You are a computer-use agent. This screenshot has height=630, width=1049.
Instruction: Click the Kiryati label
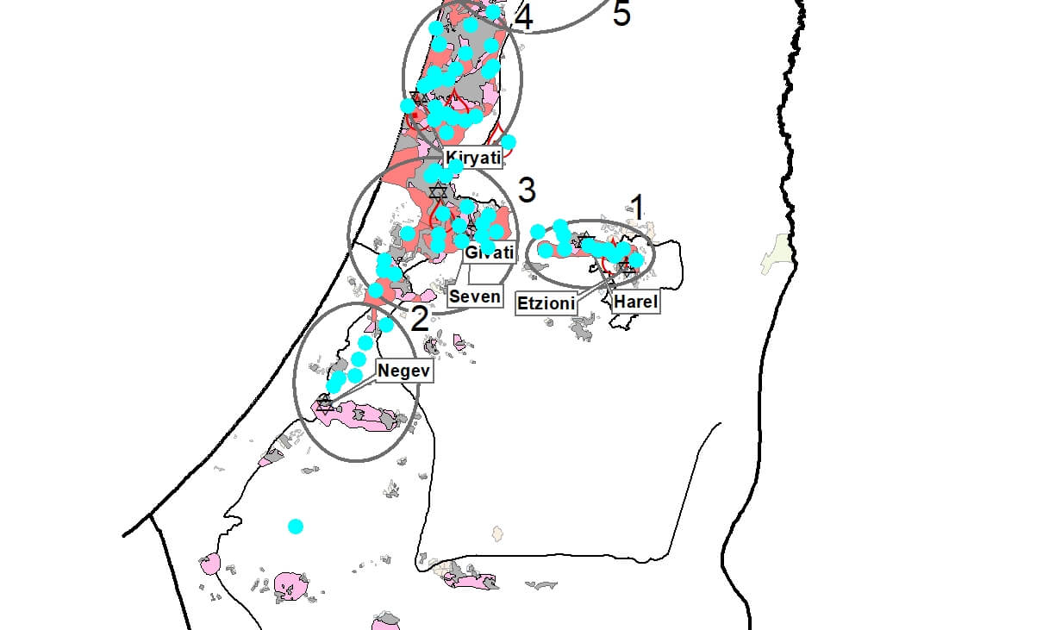[472, 159]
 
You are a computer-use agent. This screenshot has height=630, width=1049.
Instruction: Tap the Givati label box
[489, 253]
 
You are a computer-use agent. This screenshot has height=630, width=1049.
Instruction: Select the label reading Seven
[475, 296]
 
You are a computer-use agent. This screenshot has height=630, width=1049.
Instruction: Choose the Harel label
[636, 303]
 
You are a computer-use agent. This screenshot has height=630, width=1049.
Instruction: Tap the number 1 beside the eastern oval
[637, 207]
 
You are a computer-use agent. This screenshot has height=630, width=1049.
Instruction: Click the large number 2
[419, 320]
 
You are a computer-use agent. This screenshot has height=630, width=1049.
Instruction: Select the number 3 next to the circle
[528, 188]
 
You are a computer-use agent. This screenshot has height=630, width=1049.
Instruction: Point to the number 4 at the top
[523, 17]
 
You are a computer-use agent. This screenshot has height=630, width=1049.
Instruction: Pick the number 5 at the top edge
[621, 15]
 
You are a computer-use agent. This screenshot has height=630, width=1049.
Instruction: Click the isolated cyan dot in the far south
[296, 526]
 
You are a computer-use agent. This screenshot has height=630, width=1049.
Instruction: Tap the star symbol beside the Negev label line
[325, 403]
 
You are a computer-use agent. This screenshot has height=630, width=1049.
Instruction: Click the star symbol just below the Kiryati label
[438, 190]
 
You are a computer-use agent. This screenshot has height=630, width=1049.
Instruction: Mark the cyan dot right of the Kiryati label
[509, 141]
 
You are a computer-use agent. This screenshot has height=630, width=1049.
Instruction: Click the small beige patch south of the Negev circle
[496, 533]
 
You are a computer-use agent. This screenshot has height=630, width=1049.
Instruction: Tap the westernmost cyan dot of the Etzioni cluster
[538, 231]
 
